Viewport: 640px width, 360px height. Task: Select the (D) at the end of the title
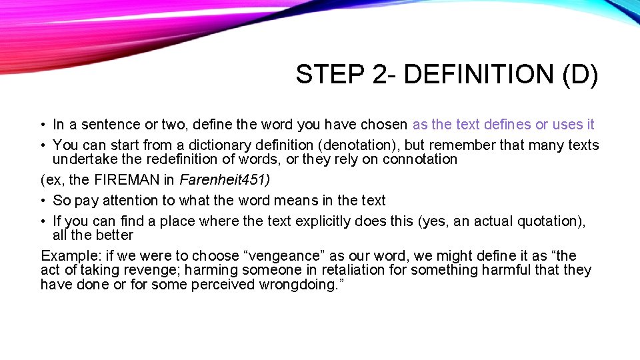[x=580, y=75]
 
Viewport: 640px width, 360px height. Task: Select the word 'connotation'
[x=421, y=159]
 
